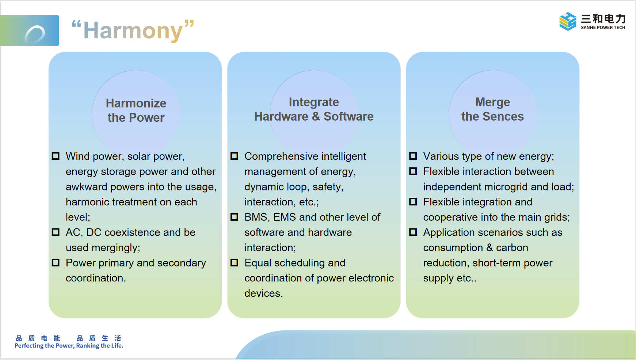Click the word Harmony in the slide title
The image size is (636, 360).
pyautogui.click(x=133, y=31)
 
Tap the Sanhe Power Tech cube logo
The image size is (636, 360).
pyautogui.click(x=568, y=22)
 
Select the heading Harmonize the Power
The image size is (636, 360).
pyautogui.click(x=136, y=110)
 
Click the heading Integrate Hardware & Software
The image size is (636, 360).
pyautogui.click(x=314, y=109)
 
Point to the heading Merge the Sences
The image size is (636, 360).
pyautogui.click(x=492, y=109)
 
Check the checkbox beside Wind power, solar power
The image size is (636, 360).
pyautogui.click(x=56, y=156)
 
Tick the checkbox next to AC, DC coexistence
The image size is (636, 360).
pyautogui.click(x=56, y=232)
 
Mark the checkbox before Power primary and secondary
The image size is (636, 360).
pyautogui.click(x=56, y=262)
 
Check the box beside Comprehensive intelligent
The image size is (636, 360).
pyautogui.click(x=234, y=156)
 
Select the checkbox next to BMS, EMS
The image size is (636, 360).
pyautogui.click(x=234, y=217)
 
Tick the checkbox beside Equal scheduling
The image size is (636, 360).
pyautogui.click(x=234, y=262)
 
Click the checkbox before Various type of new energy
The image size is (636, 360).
pyautogui.click(x=413, y=156)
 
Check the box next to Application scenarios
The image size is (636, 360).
pyautogui.click(x=413, y=232)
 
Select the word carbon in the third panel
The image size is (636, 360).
pyautogui.click(x=512, y=248)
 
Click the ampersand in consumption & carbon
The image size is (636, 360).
pyautogui.click(x=490, y=248)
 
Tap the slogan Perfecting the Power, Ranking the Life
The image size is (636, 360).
pyautogui.click(x=69, y=346)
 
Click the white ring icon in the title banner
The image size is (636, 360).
pyautogui.click(x=35, y=34)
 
